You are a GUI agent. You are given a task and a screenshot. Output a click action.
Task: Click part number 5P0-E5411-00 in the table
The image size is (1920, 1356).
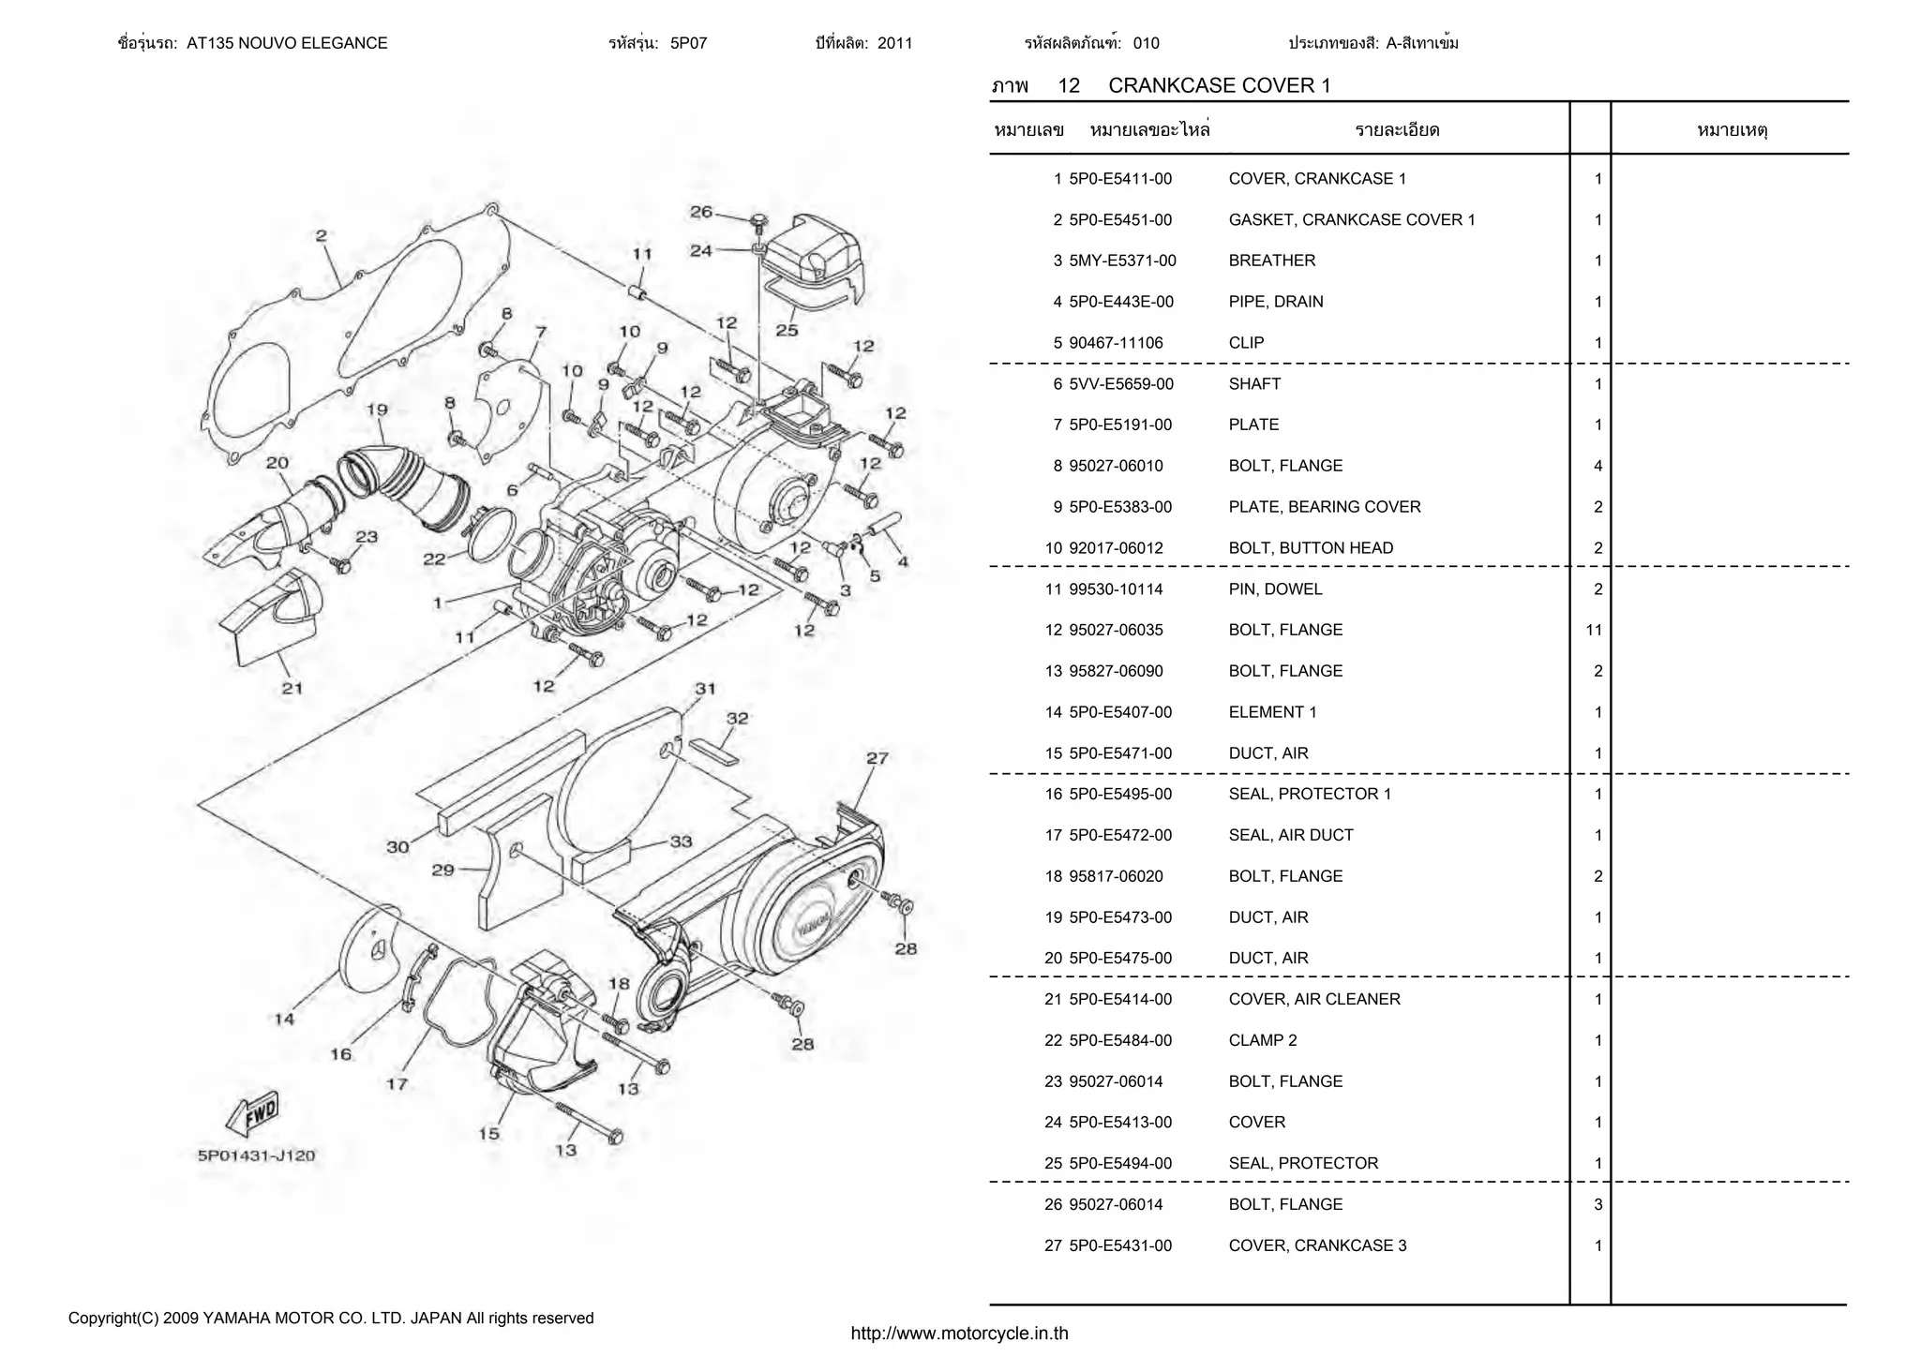click(x=1120, y=179)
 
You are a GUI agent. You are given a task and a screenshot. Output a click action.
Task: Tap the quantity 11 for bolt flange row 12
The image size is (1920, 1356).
click(x=1594, y=631)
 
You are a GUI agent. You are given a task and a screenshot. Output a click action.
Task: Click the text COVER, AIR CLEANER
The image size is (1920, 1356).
click(x=1313, y=1000)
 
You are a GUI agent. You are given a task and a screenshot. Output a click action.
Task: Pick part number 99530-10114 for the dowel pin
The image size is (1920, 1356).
click(x=1116, y=589)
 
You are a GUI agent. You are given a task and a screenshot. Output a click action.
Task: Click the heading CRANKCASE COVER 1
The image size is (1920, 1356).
click(x=1219, y=86)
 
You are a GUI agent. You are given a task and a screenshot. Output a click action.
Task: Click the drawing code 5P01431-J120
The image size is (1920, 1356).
click(x=256, y=1155)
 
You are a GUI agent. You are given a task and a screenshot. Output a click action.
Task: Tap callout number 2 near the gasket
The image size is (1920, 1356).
click(x=321, y=236)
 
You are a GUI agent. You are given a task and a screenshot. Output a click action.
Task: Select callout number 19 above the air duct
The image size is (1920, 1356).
click(x=377, y=410)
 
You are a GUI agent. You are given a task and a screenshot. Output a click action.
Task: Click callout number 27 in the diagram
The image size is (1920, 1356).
click(x=877, y=758)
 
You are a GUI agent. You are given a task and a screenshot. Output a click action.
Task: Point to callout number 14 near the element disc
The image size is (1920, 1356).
click(x=284, y=1020)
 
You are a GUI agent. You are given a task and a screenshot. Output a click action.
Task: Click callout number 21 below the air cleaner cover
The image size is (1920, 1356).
click(x=292, y=689)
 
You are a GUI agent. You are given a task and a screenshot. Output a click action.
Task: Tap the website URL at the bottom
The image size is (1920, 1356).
click(x=959, y=1334)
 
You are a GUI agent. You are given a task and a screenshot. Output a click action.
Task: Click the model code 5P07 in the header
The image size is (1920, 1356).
click(x=688, y=43)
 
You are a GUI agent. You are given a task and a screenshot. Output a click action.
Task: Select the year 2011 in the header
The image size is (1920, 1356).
click(x=894, y=43)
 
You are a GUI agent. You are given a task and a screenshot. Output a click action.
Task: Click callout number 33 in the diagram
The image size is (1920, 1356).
click(x=681, y=842)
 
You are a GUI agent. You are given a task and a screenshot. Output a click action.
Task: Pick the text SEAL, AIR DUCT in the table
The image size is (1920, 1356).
click(x=1290, y=835)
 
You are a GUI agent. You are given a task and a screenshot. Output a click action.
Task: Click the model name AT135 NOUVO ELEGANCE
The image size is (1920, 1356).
click(x=287, y=43)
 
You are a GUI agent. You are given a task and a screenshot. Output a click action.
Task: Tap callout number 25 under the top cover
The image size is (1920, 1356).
click(x=787, y=330)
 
